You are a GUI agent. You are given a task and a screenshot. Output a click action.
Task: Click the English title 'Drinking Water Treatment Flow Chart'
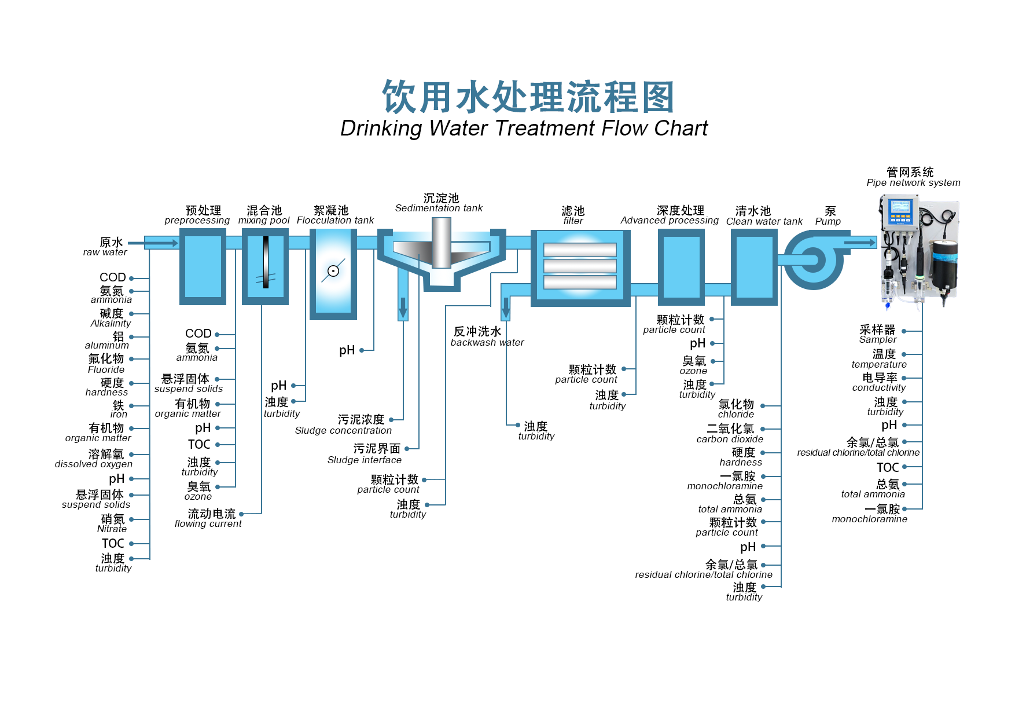click(524, 128)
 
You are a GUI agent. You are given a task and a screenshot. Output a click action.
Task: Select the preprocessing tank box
click(203, 266)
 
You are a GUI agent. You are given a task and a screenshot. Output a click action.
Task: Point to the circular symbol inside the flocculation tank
click(333, 271)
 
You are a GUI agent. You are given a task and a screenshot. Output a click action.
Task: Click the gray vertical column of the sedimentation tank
click(442, 243)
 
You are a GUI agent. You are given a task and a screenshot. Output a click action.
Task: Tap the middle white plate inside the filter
click(580, 266)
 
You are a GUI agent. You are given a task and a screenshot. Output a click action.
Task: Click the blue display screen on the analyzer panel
click(900, 207)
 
